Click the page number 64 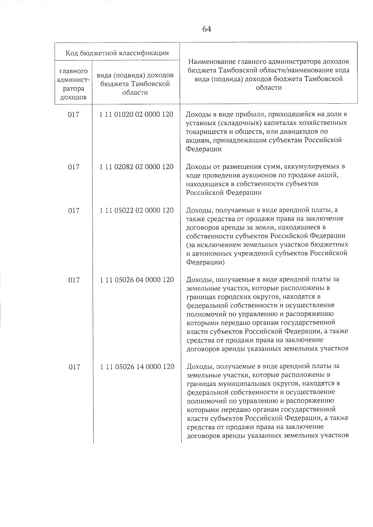click(207, 29)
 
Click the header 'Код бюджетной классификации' click(117, 53)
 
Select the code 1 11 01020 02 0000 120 click(136, 114)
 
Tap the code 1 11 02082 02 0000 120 click(136, 167)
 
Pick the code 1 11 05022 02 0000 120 click(136, 210)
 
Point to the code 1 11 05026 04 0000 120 click(137, 280)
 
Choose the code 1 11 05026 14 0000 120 click(137, 367)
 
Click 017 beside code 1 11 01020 click(74, 115)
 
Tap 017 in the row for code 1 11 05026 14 click(74, 367)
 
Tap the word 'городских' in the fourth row click(241, 296)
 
